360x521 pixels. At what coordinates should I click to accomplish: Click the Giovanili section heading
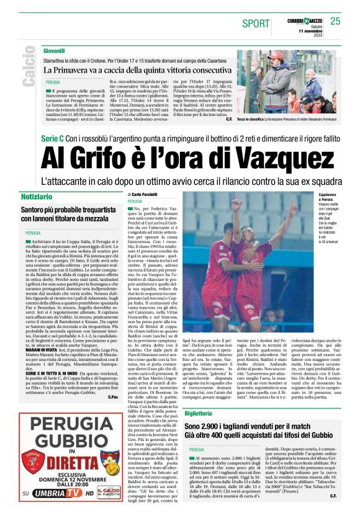54,49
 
